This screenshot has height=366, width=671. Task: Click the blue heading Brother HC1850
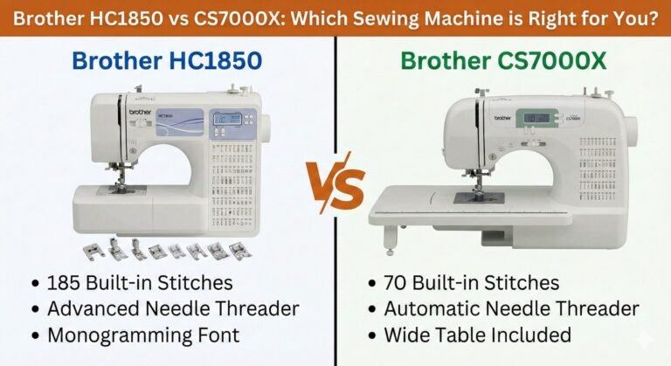pyautogui.click(x=168, y=60)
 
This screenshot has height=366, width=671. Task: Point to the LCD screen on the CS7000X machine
pyautogui.click(x=532, y=117)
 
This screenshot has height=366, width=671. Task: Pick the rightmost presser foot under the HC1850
pyautogui.click(x=234, y=252)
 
